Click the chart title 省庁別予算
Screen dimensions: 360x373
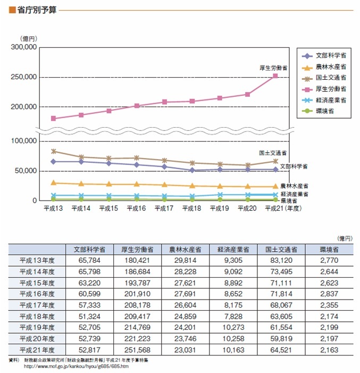click(x=37, y=10)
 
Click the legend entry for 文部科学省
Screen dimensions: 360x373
click(x=324, y=56)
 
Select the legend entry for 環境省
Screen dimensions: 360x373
click(x=317, y=111)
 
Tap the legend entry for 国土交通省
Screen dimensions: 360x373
click(x=324, y=78)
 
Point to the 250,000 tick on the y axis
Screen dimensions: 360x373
click(x=24, y=77)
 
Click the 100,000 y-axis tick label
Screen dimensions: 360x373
click(x=24, y=141)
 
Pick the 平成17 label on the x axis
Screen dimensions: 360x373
click(x=164, y=209)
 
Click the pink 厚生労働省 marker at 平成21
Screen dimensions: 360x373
click(x=275, y=76)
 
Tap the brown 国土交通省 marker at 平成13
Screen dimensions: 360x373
click(x=54, y=151)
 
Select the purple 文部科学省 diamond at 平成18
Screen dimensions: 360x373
click(x=192, y=170)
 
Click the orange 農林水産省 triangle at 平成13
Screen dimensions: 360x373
click(x=54, y=183)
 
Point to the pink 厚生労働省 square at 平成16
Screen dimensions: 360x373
click(x=137, y=105)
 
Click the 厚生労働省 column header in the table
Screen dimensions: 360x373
click(x=137, y=250)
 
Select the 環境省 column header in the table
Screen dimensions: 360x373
click(x=329, y=250)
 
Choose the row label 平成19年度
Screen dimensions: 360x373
click(x=37, y=328)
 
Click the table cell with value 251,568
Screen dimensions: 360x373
click(x=137, y=350)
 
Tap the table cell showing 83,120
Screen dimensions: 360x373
click(x=281, y=260)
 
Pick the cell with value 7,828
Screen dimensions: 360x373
click(x=233, y=317)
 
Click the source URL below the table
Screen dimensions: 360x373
click(x=76, y=366)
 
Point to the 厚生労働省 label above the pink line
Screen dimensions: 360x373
click(x=273, y=68)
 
